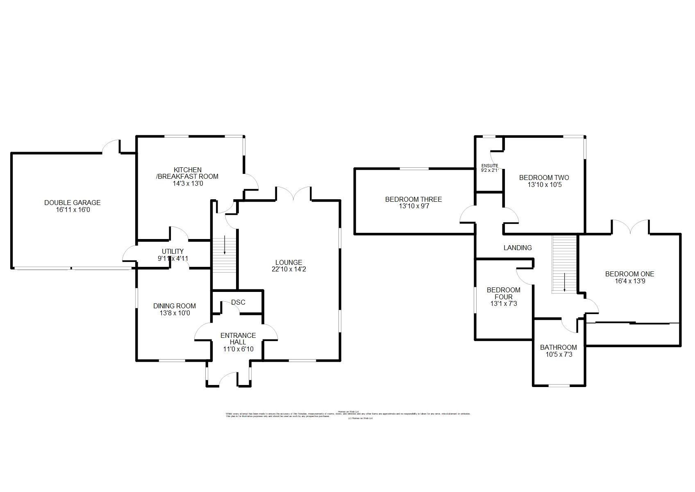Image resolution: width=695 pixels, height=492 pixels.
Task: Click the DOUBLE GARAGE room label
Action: [72, 203]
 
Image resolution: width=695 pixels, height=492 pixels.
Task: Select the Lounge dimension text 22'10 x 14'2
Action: [288, 270]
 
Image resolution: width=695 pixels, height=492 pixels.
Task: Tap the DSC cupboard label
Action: [238, 302]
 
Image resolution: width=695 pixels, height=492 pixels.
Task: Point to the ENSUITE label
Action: [489, 166]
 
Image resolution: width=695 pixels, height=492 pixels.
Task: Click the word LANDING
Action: [518, 248]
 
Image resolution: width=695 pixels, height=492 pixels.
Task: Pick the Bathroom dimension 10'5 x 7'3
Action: [559, 355]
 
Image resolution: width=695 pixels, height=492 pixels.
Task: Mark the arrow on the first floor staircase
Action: [564, 282]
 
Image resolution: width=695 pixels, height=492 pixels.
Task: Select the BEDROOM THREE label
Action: [413, 199]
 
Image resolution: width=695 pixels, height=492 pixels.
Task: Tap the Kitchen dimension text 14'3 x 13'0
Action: [188, 184]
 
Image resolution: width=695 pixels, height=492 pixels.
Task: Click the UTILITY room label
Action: [173, 251]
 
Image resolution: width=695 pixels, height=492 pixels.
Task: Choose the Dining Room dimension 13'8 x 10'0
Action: [175, 313]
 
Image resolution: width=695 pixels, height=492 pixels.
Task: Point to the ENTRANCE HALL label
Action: [238, 339]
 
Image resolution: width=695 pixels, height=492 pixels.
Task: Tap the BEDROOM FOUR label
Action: [503, 293]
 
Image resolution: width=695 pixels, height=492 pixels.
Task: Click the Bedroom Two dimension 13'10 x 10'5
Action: [544, 185]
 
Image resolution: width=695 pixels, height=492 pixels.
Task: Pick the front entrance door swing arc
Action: [229, 378]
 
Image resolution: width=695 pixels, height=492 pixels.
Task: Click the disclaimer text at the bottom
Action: [347, 415]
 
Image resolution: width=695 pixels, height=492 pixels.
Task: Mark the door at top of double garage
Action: [111, 146]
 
